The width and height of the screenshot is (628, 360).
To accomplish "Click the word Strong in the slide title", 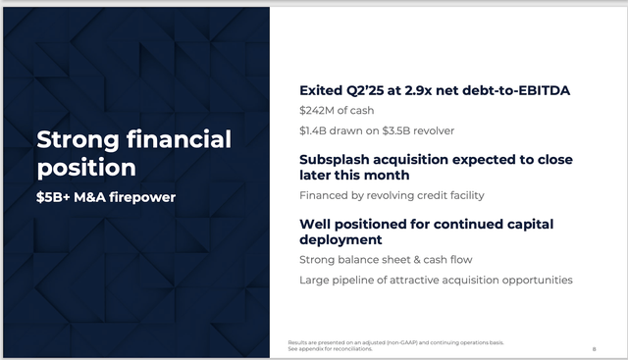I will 74,139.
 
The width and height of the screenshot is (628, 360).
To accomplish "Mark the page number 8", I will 595,348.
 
